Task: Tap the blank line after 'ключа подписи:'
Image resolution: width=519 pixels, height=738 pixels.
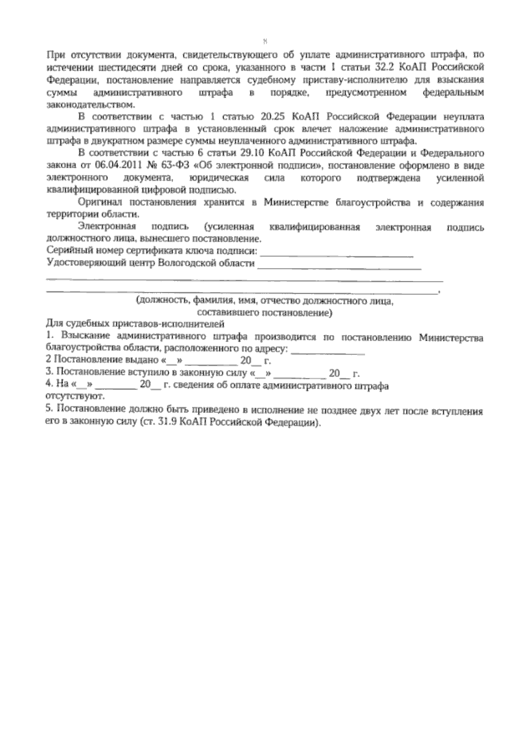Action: tap(337, 255)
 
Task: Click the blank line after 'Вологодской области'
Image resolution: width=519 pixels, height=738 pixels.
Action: tap(339, 268)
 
